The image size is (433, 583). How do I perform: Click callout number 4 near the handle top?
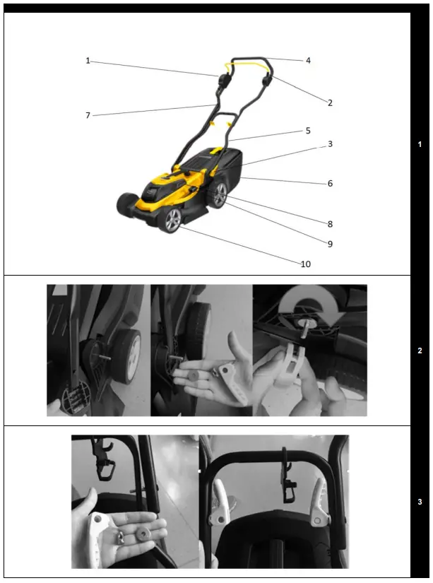[308, 61]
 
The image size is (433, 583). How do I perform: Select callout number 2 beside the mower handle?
[329, 102]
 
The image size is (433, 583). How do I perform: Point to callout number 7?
[88, 115]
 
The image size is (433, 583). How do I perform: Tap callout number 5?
[308, 131]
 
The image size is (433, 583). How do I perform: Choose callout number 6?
[329, 183]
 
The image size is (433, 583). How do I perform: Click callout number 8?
[329, 224]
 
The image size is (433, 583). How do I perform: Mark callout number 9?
[329, 244]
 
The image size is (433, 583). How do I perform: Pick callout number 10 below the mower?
[305, 264]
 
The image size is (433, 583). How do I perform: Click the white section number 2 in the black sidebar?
[420, 350]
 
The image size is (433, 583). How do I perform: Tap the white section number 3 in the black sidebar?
[420, 502]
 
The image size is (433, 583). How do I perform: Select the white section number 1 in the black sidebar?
[420, 144]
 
